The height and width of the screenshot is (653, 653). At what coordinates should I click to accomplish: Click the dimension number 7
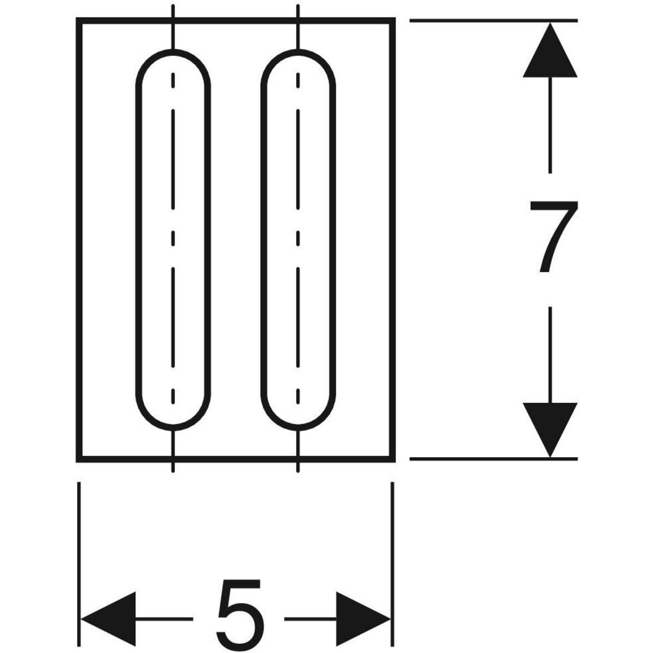click(554, 237)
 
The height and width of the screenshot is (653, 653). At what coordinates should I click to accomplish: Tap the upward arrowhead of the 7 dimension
click(550, 50)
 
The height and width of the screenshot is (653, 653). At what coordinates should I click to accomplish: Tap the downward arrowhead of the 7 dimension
click(550, 430)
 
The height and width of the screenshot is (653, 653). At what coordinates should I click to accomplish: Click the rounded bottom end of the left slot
click(173, 428)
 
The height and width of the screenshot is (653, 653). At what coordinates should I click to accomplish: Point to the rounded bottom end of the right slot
click(298, 428)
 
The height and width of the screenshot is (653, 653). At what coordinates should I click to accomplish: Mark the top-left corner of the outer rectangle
click(79, 21)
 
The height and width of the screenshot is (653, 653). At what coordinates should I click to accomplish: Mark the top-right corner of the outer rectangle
click(392, 21)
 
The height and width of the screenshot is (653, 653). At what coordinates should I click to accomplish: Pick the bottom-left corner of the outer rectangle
click(79, 459)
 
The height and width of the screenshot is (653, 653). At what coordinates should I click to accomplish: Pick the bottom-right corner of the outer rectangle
click(392, 459)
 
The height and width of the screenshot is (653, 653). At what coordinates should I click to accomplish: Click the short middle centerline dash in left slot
click(173, 238)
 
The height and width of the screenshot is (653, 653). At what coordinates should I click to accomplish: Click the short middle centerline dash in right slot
click(298, 238)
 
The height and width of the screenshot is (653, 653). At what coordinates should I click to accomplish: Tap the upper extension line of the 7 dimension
click(494, 21)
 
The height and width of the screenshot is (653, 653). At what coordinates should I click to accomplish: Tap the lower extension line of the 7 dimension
click(494, 459)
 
